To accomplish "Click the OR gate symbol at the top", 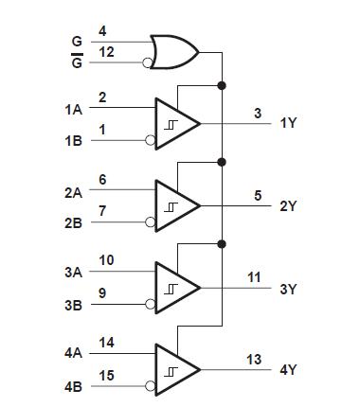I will click(174, 50).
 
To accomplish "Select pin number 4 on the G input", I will click(102, 33).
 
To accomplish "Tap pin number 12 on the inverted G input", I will click(107, 52).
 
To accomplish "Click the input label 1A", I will click(73, 110).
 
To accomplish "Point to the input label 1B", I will click(73, 141).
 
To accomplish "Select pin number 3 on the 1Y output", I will click(258, 114).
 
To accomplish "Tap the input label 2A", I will click(73, 192).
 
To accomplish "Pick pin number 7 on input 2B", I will click(102, 210).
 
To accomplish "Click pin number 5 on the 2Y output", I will click(258, 196).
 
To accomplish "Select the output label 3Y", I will click(288, 290).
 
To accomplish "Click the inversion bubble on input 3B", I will click(151, 306).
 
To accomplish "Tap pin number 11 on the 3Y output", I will click(254, 277).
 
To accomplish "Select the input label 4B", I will click(73, 388).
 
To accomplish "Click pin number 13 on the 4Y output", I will click(254, 360).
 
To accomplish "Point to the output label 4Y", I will click(288, 371).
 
